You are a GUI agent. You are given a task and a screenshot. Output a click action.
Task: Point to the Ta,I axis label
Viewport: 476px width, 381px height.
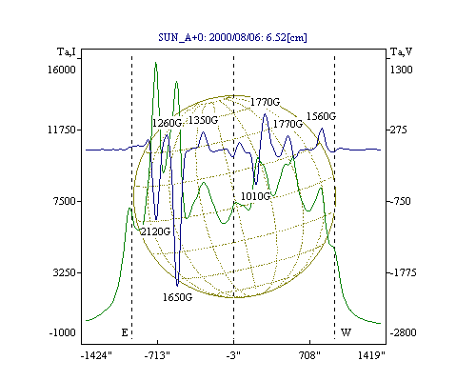[x=67, y=51]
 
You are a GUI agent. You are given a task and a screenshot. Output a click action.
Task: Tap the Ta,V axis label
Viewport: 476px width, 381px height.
[x=401, y=51]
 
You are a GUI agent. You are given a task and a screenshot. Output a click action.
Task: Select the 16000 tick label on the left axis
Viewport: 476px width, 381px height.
[x=62, y=70]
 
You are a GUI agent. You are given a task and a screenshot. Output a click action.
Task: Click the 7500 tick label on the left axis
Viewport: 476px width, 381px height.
[x=65, y=201]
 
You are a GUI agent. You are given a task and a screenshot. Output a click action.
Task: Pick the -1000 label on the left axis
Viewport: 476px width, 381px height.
[x=62, y=332]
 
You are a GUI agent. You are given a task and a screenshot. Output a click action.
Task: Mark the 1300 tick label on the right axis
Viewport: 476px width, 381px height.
[x=401, y=70]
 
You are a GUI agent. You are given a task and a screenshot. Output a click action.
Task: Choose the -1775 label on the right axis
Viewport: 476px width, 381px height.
[x=403, y=272]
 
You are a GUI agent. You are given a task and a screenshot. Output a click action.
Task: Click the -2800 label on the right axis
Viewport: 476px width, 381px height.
[x=403, y=332]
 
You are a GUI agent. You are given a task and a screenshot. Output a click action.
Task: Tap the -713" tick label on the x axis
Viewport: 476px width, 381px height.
[x=157, y=355]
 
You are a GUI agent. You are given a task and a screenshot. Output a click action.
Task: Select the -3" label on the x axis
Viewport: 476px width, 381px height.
[x=233, y=355]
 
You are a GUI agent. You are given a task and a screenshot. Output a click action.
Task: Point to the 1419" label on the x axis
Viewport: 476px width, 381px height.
[x=371, y=355]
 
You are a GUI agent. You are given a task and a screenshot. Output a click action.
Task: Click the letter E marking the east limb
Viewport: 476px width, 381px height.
[x=125, y=332]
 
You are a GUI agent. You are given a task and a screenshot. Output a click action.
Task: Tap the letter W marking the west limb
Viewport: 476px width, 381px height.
[x=346, y=332]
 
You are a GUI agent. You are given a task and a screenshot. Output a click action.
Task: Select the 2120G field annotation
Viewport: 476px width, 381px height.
[x=155, y=231]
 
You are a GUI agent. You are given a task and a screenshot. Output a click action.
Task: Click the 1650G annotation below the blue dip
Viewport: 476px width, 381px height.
[x=177, y=297]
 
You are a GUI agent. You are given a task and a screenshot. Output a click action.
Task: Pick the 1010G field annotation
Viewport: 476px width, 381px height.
[x=255, y=196]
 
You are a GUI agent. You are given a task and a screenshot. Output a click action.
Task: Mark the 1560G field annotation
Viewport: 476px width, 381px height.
[x=321, y=116]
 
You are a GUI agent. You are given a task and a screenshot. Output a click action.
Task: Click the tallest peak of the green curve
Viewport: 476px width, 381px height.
[x=155, y=63]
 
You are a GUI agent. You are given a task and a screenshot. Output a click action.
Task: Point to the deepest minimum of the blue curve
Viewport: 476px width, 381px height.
[x=177, y=285]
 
